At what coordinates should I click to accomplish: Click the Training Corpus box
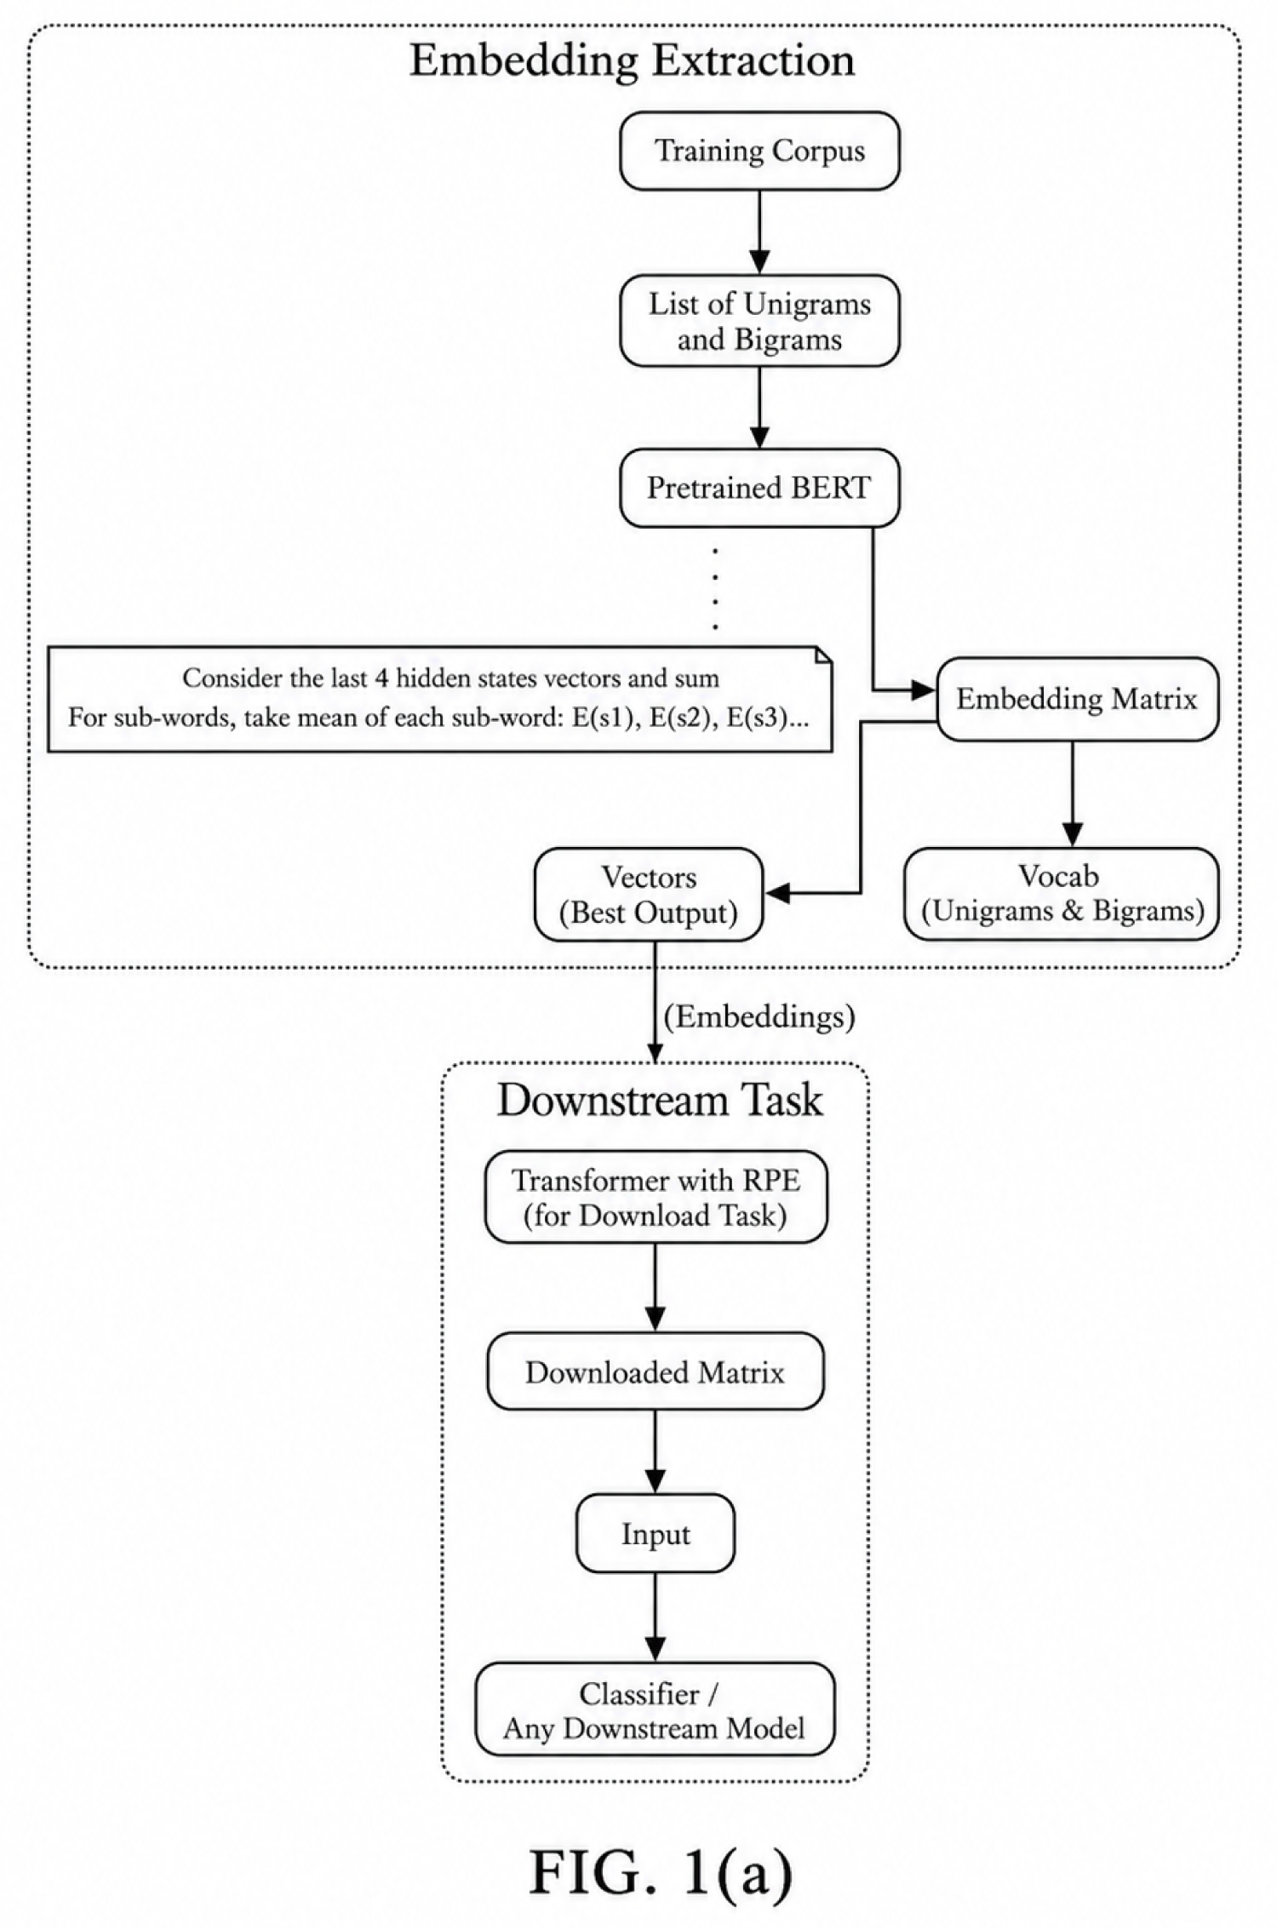click(759, 151)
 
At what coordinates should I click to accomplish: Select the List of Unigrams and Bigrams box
click(759, 321)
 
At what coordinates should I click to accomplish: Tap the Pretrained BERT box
click(759, 488)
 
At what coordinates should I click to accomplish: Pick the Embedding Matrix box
click(1077, 699)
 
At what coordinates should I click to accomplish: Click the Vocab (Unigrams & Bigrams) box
click(1062, 894)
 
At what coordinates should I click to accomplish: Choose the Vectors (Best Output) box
click(648, 895)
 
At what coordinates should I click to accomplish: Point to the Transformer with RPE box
click(656, 1197)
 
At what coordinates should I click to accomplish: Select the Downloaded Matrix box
click(656, 1371)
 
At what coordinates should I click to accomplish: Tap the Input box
click(656, 1533)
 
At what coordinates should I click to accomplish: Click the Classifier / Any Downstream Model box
click(655, 1710)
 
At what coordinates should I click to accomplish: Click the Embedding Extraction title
click(633, 61)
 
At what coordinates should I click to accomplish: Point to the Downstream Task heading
click(660, 1100)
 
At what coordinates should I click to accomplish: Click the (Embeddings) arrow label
click(759, 1016)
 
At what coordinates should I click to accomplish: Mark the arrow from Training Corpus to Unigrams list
click(759, 232)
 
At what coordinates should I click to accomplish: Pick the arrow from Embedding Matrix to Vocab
click(1073, 794)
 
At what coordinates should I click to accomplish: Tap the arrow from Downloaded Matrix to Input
click(655, 1451)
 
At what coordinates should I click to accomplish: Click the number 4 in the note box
click(381, 678)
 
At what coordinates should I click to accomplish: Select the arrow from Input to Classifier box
click(655, 1617)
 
